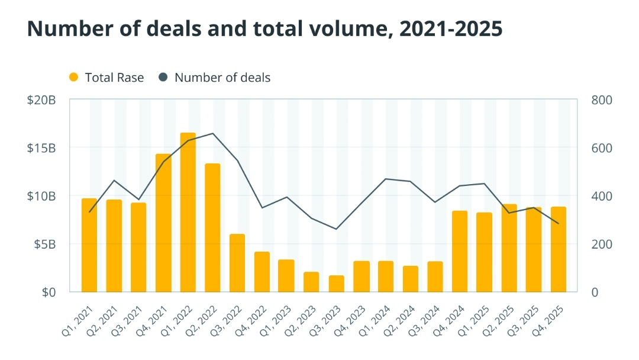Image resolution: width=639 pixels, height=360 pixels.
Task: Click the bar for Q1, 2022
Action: (188, 213)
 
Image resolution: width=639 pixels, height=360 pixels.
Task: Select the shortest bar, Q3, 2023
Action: (336, 284)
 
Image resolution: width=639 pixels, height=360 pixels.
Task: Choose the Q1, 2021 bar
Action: (89, 245)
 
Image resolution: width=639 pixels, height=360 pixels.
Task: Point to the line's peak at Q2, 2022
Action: (213, 133)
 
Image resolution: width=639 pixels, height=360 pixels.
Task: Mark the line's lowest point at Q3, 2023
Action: (336, 229)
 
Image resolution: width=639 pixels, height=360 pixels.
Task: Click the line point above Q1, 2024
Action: (386, 179)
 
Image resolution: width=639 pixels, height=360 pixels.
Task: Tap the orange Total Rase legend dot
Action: (74, 78)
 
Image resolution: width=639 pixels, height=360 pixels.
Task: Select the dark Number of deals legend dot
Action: (163, 78)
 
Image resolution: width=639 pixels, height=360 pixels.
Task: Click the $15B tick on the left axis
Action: (41, 148)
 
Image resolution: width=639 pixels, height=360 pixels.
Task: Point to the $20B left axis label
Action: (41, 100)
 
